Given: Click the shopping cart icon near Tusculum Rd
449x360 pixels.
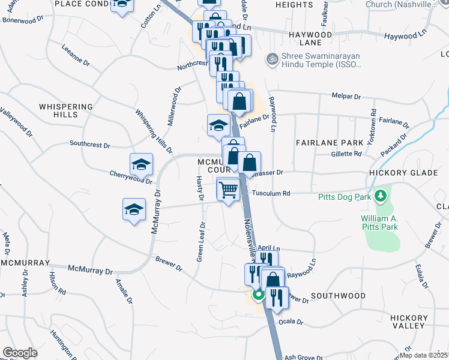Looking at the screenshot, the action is tap(228, 190).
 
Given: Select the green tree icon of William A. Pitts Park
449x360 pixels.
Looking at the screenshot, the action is tap(380, 196).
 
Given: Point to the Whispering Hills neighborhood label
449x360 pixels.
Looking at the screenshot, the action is tap(66, 110).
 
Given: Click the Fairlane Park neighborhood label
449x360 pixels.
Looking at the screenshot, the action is tap(330, 143).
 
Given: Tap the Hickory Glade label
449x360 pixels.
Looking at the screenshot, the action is tap(399, 172).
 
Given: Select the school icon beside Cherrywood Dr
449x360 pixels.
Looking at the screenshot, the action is tap(141, 164).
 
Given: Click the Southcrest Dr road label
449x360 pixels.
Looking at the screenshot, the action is tap(90, 145).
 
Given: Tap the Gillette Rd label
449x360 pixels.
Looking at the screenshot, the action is tap(346, 154).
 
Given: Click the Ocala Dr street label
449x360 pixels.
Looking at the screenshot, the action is tap(291, 322).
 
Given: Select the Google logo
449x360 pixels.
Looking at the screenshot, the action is tap(20, 353).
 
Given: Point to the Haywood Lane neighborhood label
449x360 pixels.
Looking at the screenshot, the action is tap(310, 39).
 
